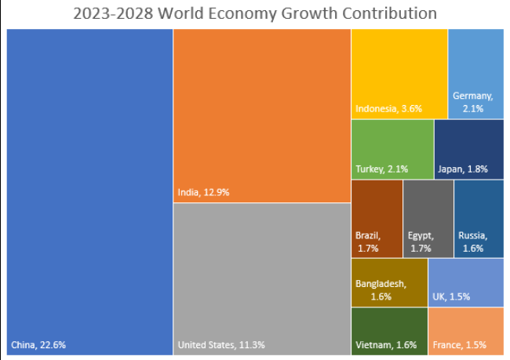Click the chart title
point(254,14)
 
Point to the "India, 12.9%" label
point(203,192)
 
